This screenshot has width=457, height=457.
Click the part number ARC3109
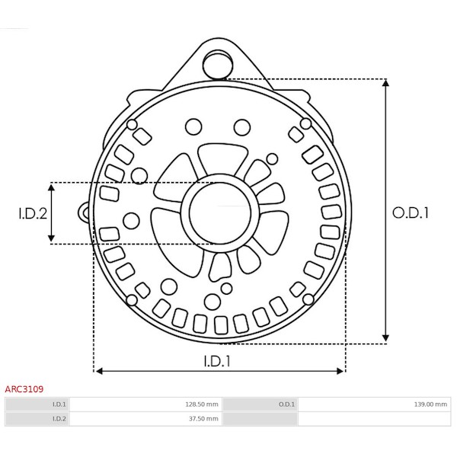click(x=24, y=388)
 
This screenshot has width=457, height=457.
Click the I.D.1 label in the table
click(x=59, y=404)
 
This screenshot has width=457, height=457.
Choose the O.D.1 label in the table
click(x=286, y=404)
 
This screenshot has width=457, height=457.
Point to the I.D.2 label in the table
click(x=59, y=418)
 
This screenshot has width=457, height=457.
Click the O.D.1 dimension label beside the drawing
click(x=411, y=213)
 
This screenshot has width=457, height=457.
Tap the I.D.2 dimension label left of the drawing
click(x=33, y=213)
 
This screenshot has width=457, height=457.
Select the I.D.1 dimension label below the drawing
click(x=217, y=361)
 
